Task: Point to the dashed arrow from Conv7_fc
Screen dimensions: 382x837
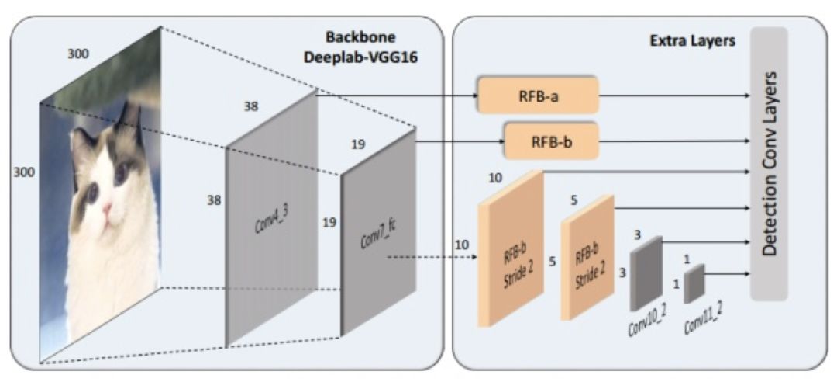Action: point(430,258)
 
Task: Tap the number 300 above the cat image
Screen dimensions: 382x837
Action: point(77,54)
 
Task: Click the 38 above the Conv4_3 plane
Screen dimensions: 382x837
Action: point(251,107)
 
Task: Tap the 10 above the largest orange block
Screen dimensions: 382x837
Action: point(496,179)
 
